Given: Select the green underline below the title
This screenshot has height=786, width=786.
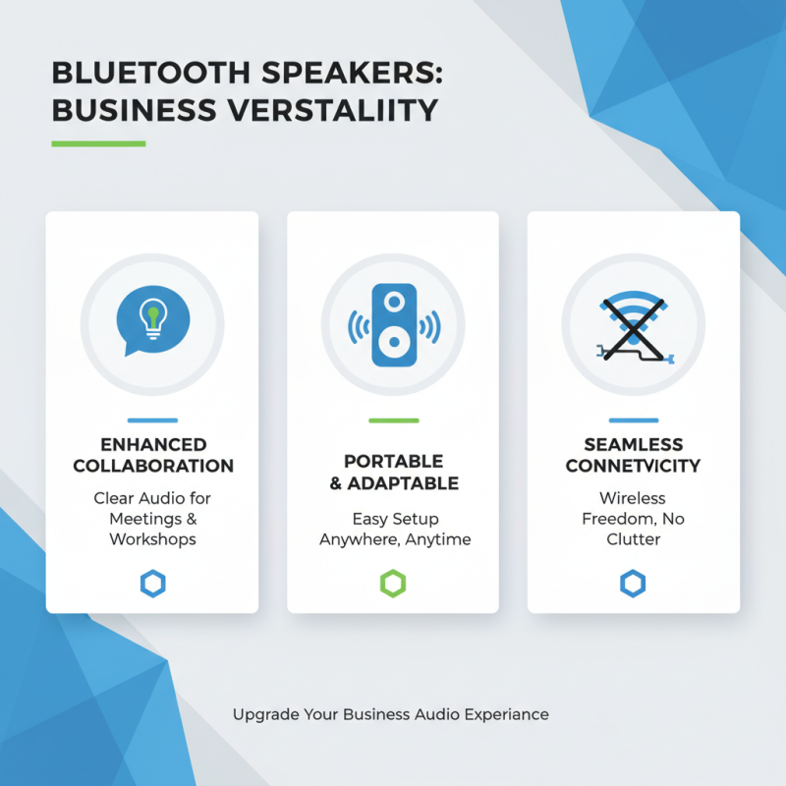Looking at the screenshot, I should (98, 143).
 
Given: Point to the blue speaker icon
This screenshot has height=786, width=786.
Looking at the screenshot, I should (393, 325).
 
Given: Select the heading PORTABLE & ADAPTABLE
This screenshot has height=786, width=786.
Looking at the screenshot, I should (393, 472).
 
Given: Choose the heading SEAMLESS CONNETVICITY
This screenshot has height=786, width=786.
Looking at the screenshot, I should (633, 455).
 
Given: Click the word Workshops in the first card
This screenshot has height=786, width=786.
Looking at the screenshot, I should (152, 539).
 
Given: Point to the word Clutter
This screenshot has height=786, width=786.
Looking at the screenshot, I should (633, 539).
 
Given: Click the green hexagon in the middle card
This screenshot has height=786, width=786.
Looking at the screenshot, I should (393, 585).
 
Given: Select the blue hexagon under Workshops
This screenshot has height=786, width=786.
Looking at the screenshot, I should (152, 585).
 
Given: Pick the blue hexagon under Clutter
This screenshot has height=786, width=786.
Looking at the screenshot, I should (633, 585).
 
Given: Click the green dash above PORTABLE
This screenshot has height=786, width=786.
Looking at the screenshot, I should (393, 421).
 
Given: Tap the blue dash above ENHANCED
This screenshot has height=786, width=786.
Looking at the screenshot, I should (152, 421).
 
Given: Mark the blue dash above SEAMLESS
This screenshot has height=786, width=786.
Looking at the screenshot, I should (633, 421).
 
